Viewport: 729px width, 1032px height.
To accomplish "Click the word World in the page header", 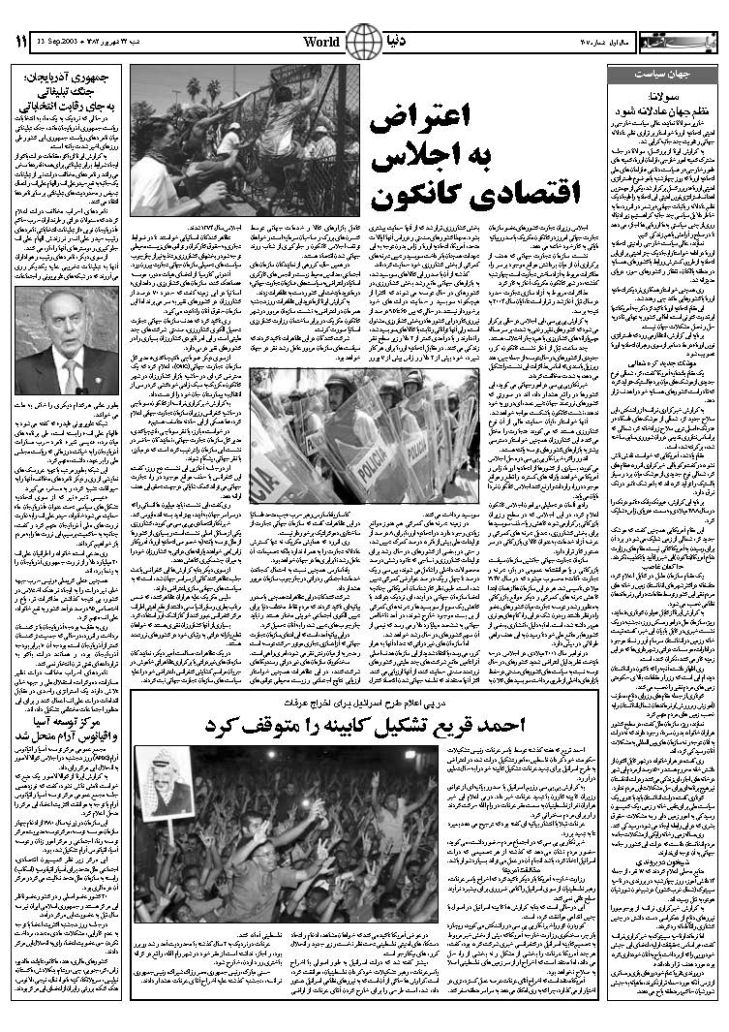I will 320,41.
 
